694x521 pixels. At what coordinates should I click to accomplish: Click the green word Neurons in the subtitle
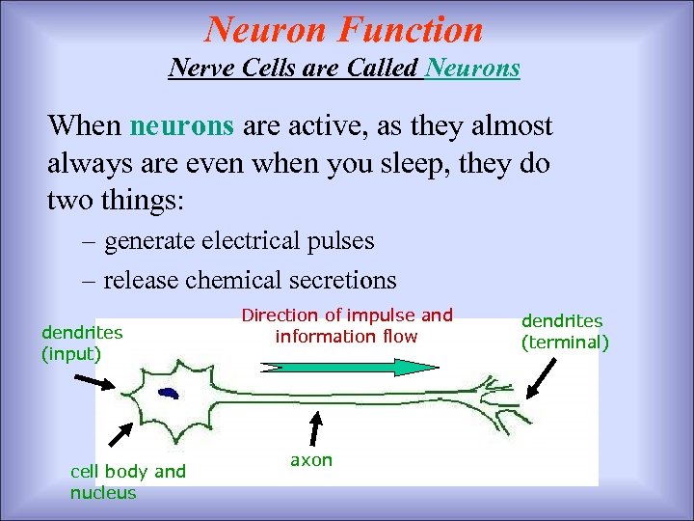pyautogui.click(x=472, y=69)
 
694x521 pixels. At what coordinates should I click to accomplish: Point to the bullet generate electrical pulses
pyautogui.click(x=238, y=240)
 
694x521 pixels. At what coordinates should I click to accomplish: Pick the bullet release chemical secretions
pyautogui.click(x=250, y=280)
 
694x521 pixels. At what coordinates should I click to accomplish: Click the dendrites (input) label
pyautogui.click(x=81, y=343)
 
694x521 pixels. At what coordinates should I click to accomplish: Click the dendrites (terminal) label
pyautogui.click(x=565, y=331)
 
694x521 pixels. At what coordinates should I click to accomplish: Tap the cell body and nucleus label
pyautogui.click(x=127, y=481)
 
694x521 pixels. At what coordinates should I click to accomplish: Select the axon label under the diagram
pyautogui.click(x=310, y=460)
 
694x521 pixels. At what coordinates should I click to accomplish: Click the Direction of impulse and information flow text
pyautogui.click(x=346, y=325)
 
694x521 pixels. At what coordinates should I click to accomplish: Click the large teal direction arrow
pyautogui.click(x=348, y=367)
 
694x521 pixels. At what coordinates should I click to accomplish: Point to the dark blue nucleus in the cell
pyautogui.click(x=170, y=393)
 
